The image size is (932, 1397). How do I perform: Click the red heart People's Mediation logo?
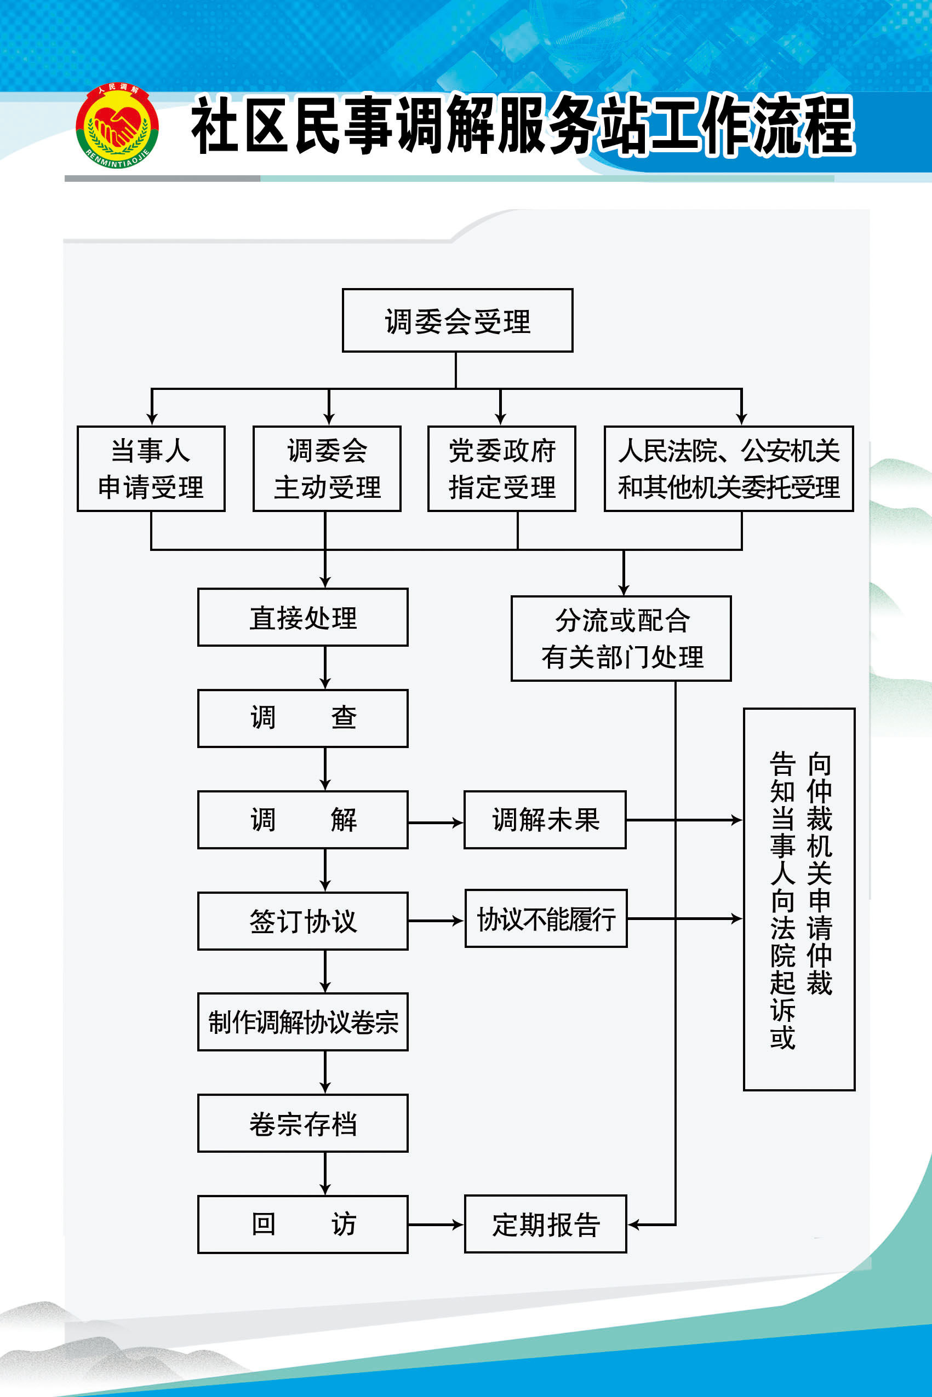pyautogui.click(x=117, y=126)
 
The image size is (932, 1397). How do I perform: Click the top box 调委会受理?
pyautogui.click(x=457, y=321)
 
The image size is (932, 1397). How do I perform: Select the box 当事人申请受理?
pyautogui.click(x=151, y=469)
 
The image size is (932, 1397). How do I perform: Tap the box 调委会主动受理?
pyautogui.click(x=327, y=469)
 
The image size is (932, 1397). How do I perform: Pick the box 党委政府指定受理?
pyautogui.click(x=502, y=469)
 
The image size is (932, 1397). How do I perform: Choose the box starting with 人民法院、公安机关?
pyautogui.click(x=729, y=469)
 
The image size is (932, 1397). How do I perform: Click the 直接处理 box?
pyautogui.click(x=302, y=617)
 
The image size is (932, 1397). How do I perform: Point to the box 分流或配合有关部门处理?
pyautogui.click(x=621, y=639)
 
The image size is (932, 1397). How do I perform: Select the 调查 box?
pyautogui.click(x=302, y=718)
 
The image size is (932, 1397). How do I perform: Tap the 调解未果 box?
pyautogui.click(x=545, y=820)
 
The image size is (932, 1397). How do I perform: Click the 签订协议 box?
pyautogui.click(x=302, y=921)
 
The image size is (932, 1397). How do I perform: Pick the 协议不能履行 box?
pyautogui.click(x=546, y=918)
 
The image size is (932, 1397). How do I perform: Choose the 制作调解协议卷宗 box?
pyautogui.click(x=302, y=1022)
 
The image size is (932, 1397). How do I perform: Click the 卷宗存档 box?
pyautogui.click(x=302, y=1123)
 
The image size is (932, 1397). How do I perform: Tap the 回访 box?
pyautogui.click(x=302, y=1224)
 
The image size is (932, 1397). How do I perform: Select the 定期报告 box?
pyautogui.click(x=545, y=1224)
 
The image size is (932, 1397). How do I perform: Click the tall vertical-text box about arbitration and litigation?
pyautogui.click(x=799, y=899)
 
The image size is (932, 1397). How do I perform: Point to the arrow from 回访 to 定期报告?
pyautogui.click(x=436, y=1224)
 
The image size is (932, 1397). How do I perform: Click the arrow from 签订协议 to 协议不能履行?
pyautogui.click(x=436, y=921)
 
